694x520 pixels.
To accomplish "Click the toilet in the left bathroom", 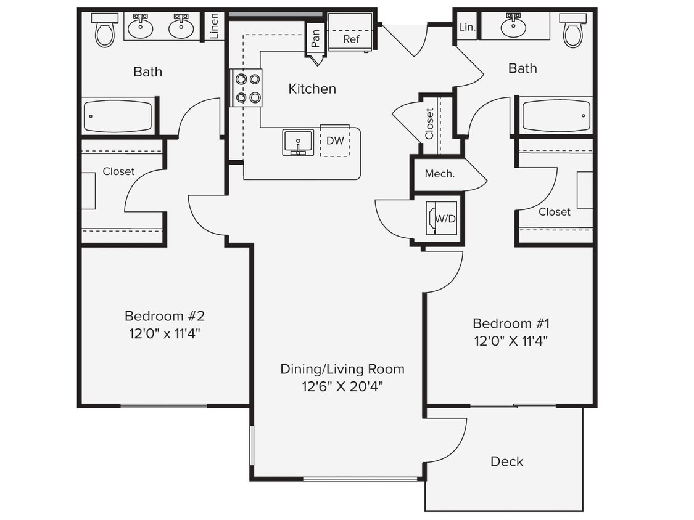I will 105,31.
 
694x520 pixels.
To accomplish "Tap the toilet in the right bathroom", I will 572,31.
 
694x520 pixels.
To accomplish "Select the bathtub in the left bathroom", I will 118,116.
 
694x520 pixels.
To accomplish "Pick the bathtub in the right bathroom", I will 556,116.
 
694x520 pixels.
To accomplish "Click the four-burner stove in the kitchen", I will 247,87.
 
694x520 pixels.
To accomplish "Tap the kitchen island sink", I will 298,142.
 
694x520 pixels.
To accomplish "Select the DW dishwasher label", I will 335,140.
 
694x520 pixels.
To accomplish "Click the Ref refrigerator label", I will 351,39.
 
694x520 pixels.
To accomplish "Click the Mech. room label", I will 439,174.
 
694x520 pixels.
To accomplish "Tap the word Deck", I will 506,461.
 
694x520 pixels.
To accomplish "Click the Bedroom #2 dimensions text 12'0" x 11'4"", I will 164,334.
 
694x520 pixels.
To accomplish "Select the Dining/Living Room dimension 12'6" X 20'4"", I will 342,386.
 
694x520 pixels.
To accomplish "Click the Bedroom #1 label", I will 511,323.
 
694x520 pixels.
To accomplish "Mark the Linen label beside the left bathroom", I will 214,26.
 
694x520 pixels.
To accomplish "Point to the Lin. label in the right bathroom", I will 467,26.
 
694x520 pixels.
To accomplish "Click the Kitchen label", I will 312,89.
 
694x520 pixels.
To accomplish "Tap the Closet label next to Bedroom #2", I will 118,171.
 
